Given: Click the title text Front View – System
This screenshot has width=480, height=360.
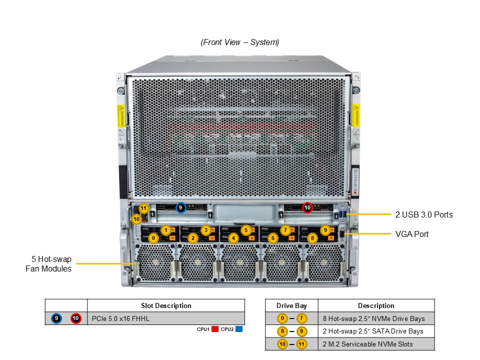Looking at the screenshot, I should pos(240,42).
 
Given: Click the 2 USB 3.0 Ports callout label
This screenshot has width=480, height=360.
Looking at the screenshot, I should pos(423,214).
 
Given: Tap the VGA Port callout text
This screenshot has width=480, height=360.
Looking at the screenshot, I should pos(411,234).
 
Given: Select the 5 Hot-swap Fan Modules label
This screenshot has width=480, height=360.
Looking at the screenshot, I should pos(48,264).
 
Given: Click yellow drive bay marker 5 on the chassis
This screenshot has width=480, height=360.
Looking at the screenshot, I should pos(245,230).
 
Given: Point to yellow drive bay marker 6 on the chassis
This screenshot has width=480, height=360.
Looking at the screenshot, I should pos(273,238).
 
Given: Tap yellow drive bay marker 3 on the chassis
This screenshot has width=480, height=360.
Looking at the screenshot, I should pos(205,230).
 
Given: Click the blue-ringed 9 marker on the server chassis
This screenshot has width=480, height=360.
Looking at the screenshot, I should pos(181,207).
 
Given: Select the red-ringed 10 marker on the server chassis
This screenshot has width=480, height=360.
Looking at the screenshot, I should pos(307,207).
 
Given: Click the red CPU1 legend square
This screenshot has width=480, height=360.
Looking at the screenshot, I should pos(215,329).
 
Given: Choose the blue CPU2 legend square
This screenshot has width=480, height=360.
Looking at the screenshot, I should pos(239,329).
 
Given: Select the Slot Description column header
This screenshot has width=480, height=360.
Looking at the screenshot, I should pos(166,305).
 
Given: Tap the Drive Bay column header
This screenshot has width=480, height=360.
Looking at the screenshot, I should pos(291,305).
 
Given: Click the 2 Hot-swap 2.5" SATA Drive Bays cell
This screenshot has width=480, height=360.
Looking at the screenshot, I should pos(373,331).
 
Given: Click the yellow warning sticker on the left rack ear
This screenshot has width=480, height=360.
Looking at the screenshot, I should pos(120,115).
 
